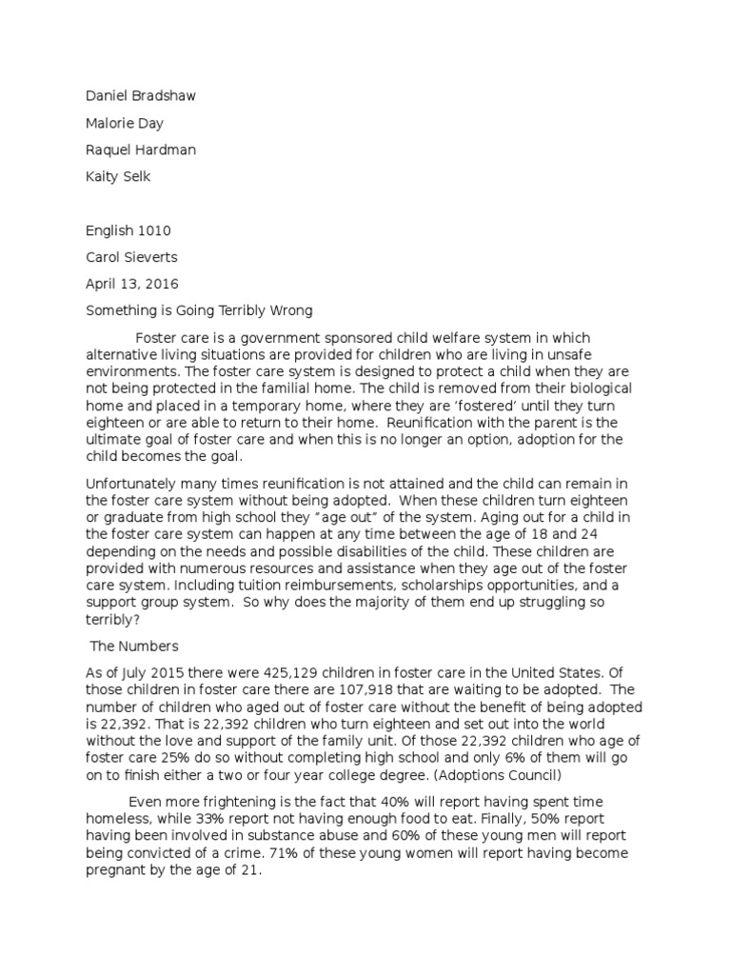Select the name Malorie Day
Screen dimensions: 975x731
coord(125,123)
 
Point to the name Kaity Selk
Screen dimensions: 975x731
coord(118,176)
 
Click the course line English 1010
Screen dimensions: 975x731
coord(128,230)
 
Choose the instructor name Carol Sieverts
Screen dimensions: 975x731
coord(131,257)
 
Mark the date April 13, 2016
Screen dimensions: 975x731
coord(131,284)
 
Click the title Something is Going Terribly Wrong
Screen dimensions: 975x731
coord(201,310)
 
